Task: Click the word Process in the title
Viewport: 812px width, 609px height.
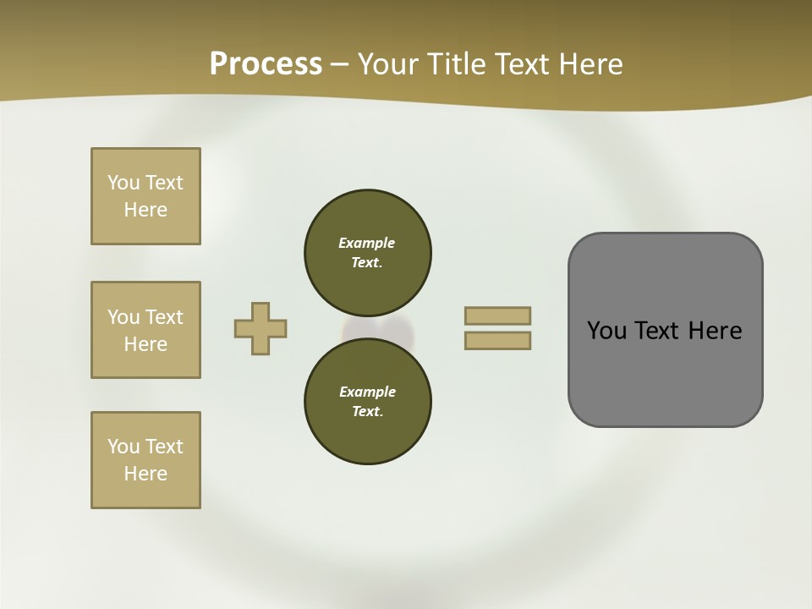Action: [266, 64]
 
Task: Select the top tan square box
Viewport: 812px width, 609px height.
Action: [145, 196]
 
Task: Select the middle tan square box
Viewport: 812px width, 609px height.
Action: [145, 330]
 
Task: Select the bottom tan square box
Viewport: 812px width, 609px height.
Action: [145, 460]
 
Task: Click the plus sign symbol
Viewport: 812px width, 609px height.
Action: [261, 328]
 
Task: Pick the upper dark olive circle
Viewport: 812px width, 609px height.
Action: [368, 252]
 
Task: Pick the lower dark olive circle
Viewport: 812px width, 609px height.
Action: [368, 401]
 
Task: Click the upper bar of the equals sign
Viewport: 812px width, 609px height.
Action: [497, 315]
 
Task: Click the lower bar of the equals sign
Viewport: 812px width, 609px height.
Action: [497, 341]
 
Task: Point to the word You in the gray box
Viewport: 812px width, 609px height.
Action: [606, 331]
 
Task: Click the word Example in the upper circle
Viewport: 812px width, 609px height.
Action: [367, 243]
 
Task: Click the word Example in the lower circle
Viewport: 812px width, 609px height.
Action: [367, 392]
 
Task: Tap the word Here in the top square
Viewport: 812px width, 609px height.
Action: [145, 210]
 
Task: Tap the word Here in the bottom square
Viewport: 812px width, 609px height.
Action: [145, 474]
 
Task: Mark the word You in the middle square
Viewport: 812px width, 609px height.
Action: [124, 317]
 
